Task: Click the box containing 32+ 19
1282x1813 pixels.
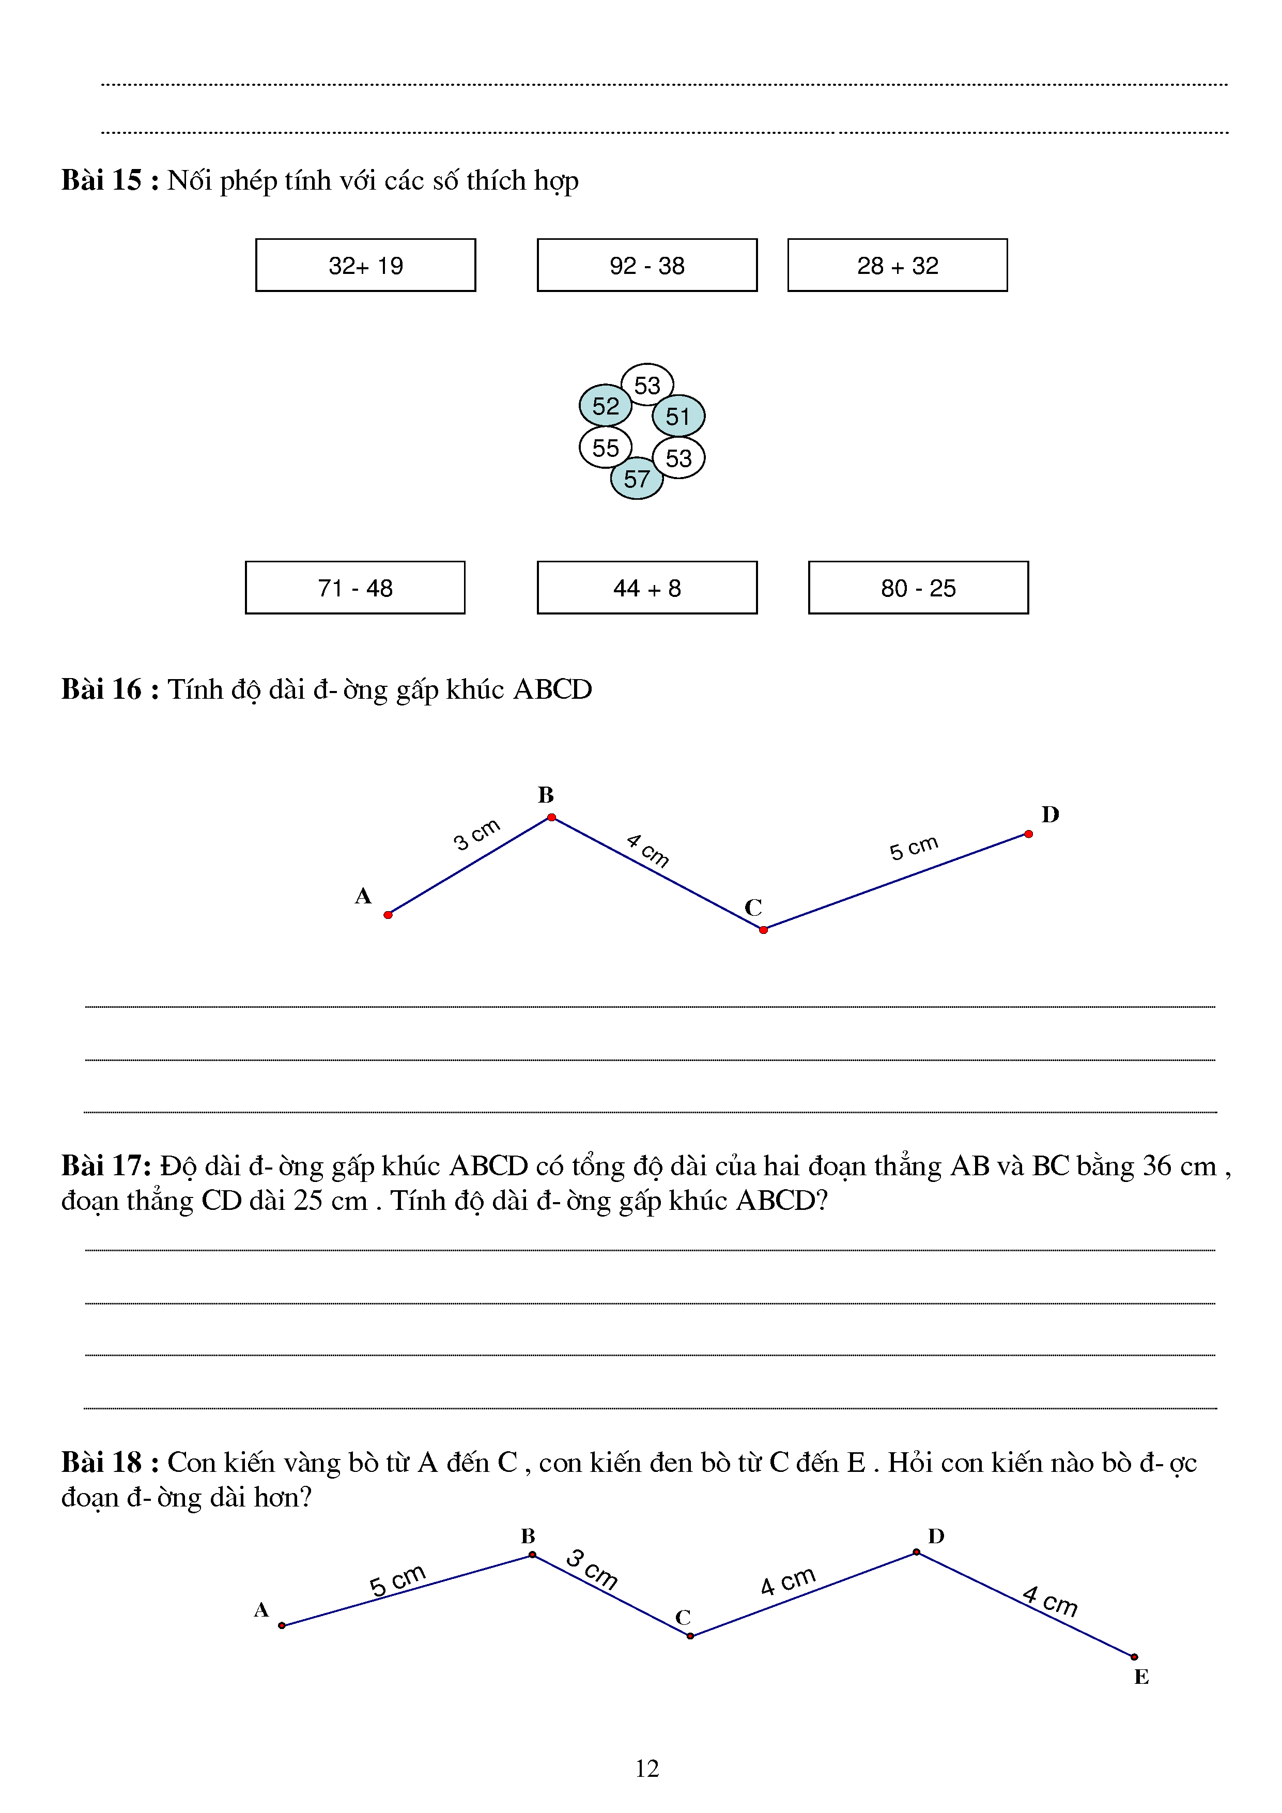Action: point(365,265)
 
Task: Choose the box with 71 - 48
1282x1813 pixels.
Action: point(354,588)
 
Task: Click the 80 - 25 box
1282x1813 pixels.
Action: point(918,588)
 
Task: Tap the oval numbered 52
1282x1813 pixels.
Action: point(606,406)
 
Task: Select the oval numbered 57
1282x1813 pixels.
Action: point(636,479)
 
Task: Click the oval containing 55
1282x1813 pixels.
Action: point(606,448)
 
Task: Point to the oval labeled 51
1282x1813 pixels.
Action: point(678,416)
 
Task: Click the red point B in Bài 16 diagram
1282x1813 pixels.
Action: point(552,817)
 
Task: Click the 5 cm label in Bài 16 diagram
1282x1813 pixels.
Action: point(914,847)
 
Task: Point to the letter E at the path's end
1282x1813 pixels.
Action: point(1141,1677)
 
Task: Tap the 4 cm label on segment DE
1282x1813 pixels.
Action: point(1050,1601)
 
